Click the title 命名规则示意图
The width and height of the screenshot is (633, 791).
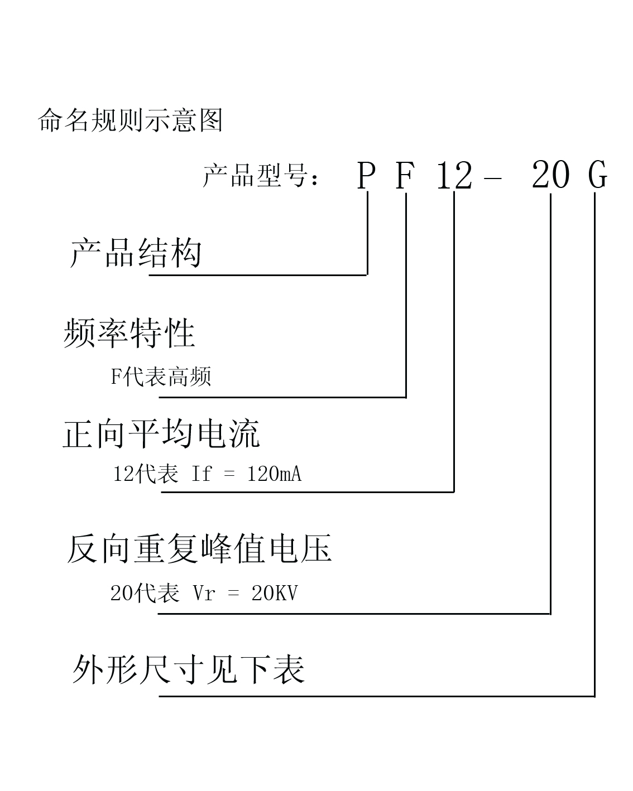[130, 120]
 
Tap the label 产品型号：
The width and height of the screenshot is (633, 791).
[261, 175]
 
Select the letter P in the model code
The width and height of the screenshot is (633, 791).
[366, 175]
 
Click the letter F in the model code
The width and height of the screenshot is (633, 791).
[405, 175]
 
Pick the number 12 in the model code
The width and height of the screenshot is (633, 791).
[454, 175]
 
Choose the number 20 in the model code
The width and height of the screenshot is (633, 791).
[550, 175]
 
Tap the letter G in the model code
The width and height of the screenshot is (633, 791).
[597, 175]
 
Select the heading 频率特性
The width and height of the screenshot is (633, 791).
[129, 333]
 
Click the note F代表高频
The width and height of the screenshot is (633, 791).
[161, 377]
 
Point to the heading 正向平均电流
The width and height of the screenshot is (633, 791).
[161, 434]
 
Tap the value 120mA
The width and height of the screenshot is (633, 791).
[275, 474]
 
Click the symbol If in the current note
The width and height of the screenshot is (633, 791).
[202, 474]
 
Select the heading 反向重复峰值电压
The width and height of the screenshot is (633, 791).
[199, 549]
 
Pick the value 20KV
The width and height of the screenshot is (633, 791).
[275, 593]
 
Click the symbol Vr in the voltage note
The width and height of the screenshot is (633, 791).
[204, 593]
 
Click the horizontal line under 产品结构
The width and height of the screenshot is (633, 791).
[258, 275]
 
